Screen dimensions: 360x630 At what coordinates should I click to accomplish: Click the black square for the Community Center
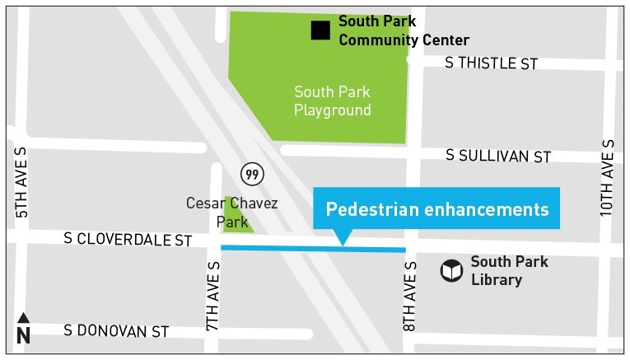click(320, 30)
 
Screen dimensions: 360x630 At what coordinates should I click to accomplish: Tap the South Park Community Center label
click(404, 31)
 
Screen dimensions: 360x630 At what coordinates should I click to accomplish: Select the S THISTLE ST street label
click(491, 63)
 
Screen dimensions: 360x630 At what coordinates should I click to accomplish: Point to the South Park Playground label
click(333, 101)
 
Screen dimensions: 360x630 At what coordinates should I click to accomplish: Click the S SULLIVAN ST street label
click(498, 155)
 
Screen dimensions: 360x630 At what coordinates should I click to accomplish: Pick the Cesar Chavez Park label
click(232, 212)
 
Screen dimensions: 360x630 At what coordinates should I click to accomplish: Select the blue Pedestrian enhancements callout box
click(436, 208)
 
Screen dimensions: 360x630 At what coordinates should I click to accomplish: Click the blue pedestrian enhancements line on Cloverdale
click(313, 248)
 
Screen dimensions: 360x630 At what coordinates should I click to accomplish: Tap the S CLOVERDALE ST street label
click(128, 240)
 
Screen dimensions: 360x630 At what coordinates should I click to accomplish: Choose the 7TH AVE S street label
click(213, 297)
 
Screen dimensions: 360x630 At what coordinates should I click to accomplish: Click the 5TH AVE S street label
click(21, 183)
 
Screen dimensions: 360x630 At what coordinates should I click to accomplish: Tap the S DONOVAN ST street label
click(116, 331)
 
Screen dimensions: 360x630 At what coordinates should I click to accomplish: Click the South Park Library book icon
click(451, 271)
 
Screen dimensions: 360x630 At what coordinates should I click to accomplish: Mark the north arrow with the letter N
click(23, 330)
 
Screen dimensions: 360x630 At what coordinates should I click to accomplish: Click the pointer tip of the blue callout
click(343, 244)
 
